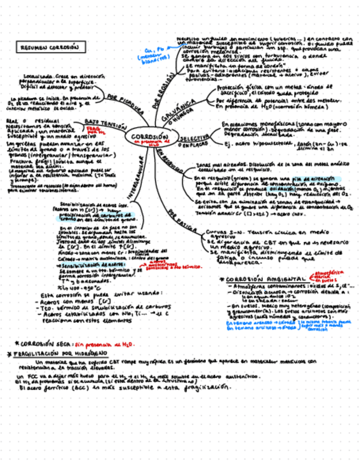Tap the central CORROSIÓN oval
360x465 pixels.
(150, 137)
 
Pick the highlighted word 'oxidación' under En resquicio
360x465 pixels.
(266, 188)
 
